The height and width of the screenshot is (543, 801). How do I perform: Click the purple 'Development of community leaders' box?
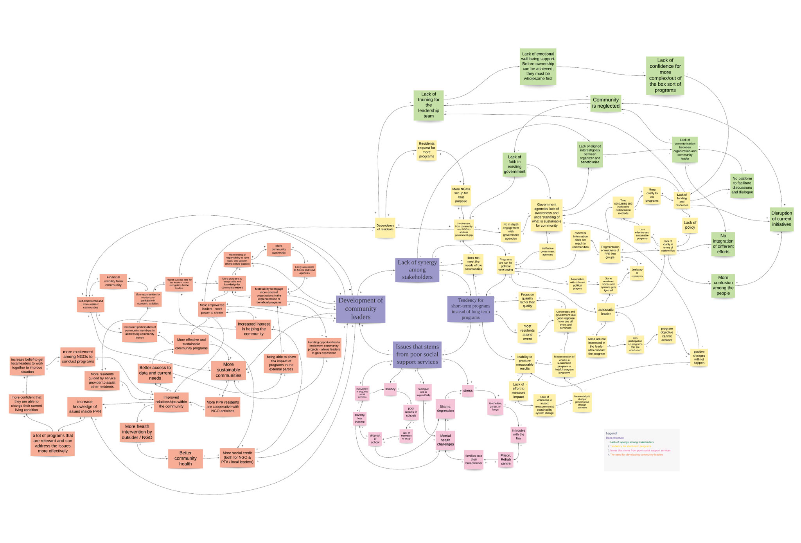pos(360,308)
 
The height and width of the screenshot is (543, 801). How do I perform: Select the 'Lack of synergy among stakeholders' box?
pos(417,270)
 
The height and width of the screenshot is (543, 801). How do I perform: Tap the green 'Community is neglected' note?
pos(605,103)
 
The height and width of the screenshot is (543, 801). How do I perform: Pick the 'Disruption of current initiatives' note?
pos(781,219)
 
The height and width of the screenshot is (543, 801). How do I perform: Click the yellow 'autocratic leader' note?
pos(605,312)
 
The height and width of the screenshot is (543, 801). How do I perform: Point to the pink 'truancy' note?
pos(390,389)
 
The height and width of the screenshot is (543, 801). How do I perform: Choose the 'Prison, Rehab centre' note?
pos(505,459)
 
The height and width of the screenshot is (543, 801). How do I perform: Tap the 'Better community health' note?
pos(185,458)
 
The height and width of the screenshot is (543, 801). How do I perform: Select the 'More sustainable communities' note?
pos(228,370)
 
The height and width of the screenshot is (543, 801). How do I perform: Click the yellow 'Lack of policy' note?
pos(690,225)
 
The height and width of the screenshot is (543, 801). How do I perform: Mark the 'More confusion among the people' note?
pos(723,285)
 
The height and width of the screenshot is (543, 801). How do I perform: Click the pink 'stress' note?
pos(468,391)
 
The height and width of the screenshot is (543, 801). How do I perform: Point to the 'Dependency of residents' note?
pos(385,227)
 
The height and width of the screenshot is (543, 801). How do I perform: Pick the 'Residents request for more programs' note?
pos(426,150)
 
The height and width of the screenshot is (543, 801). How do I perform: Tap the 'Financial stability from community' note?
pos(113,281)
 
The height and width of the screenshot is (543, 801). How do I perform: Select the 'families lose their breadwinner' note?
pos(474,459)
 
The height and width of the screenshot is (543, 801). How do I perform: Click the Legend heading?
pos(611,433)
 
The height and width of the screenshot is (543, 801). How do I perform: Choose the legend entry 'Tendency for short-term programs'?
pos(630,446)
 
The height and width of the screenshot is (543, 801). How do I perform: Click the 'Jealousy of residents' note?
pos(637,273)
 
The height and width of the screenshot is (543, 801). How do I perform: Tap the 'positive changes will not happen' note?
pos(699,357)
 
